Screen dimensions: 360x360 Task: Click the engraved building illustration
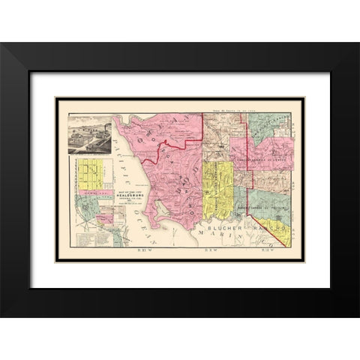[90, 134]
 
